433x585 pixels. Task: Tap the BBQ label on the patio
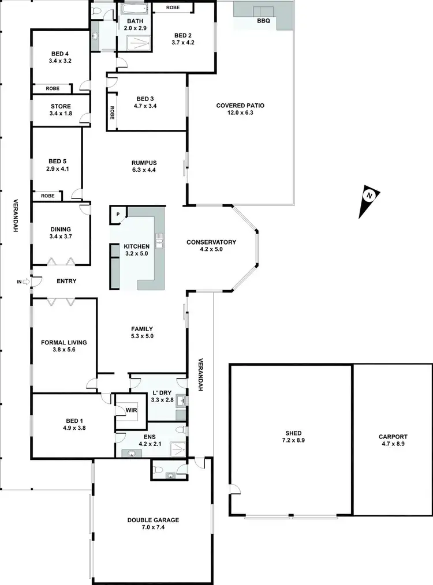pos(263,20)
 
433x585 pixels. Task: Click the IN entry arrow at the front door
pos(26,282)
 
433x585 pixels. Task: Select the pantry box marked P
pos(118,214)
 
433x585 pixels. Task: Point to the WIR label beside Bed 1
pos(130,410)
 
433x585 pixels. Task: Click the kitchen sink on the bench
pos(159,240)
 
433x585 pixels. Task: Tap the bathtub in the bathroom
pos(134,9)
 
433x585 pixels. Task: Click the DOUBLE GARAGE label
pos(153,520)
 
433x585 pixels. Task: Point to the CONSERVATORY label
pos(211,242)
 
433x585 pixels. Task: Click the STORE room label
pos(60,106)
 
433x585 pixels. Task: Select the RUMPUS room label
pos(144,162)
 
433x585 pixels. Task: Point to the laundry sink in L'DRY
pos(180,400)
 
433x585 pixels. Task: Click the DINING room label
pos(60,229)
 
